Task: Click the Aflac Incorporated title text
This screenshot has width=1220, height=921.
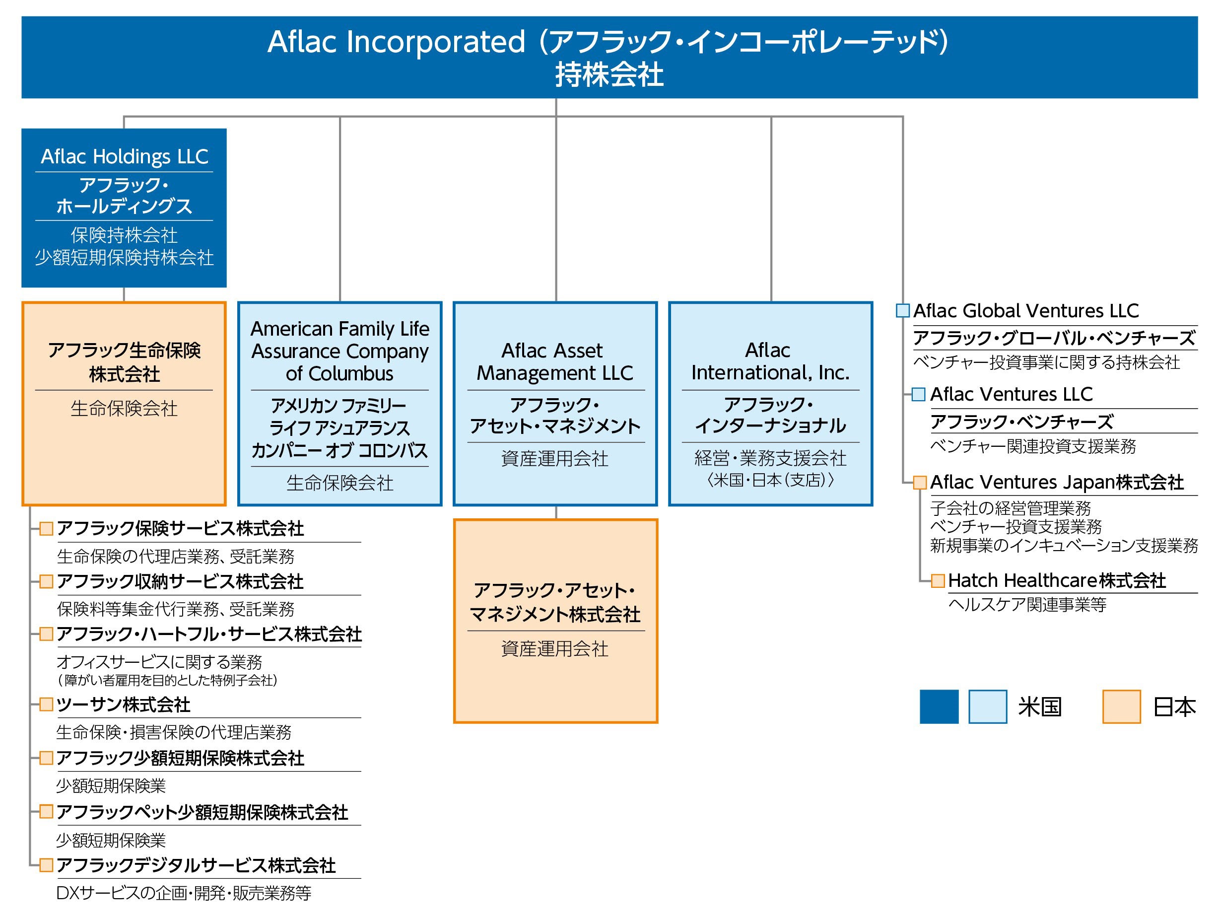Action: click(x=609, y=42)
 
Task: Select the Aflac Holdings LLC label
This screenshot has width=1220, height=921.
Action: click(x=125, y=157)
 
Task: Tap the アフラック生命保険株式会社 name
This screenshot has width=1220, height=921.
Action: click(x=125, y=362)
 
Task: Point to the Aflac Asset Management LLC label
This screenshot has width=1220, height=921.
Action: click(x=555, y=362)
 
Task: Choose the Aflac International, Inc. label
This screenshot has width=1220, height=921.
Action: click(x=770, y=361)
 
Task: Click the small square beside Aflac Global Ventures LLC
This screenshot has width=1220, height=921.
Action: click(x=903, y=311)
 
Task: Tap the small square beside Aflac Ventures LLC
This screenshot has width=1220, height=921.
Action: click(x=919, y=395)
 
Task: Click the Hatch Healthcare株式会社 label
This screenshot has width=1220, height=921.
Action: click(x=1057, y=580)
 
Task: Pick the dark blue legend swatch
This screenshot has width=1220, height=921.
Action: click(x=939, y=707)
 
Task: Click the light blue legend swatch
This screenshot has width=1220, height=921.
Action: click(x=988, y=707)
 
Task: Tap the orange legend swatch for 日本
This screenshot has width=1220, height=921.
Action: click(x=1121, y=707)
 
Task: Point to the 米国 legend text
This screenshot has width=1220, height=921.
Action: click(x=1040, y=707)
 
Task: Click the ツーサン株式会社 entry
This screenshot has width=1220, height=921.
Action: click(x=124, y=705)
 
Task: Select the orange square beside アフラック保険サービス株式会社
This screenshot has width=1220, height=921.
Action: click(x=46, y=529)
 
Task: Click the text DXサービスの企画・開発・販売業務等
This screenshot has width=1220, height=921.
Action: click(x=184, y=893)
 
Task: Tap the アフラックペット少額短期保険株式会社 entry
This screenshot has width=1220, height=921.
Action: click(x=203, y=812)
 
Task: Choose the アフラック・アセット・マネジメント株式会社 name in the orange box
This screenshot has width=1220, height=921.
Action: click(x=555, y=602)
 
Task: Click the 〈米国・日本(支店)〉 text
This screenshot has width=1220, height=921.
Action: click(x=770, y=480)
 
